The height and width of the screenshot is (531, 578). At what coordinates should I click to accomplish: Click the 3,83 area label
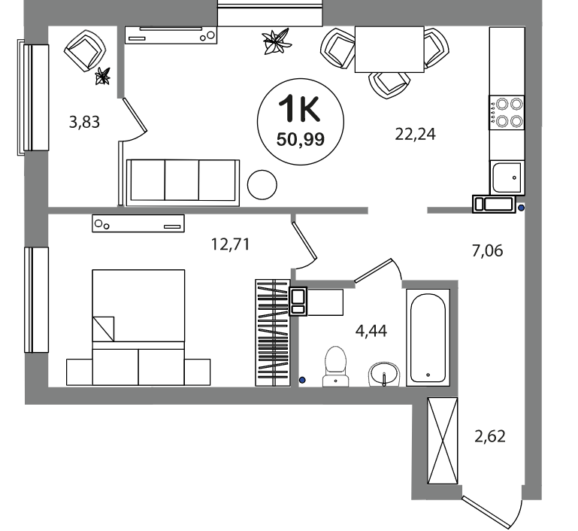point(84,122)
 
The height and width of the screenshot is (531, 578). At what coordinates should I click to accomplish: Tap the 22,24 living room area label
point(415,134)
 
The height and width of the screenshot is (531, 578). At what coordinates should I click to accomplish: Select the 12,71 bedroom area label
point(231,244)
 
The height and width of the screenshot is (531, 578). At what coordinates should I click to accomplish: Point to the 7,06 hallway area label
point(487,250)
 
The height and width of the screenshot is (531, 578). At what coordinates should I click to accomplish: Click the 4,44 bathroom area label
point(371,331)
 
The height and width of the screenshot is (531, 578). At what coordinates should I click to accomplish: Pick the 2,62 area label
point(490,436)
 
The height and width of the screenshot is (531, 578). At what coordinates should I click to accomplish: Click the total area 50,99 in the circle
point(301,140)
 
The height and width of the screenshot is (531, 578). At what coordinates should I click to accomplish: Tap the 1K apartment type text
point(299,108)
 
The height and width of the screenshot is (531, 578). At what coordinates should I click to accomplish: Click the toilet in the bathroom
point(335,366)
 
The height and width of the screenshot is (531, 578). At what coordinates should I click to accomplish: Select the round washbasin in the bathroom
point(384,375)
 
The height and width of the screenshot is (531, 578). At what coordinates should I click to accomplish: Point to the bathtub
point(428,338)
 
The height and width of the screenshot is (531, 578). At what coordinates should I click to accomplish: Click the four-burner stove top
point(507,113)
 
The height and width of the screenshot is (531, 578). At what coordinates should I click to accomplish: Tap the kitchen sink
point(507,178)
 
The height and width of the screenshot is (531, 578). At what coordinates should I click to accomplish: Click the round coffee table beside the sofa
point(262,185)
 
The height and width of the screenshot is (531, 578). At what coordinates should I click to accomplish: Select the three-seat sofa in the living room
point(183,183)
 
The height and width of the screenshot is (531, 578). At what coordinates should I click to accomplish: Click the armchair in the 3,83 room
point(85,50)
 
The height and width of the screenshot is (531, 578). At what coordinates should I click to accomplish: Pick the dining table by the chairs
point(389,49)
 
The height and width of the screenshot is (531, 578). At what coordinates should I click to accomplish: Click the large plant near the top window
point(276,41)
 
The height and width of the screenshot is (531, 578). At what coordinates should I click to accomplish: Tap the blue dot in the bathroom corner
point(302,380)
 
